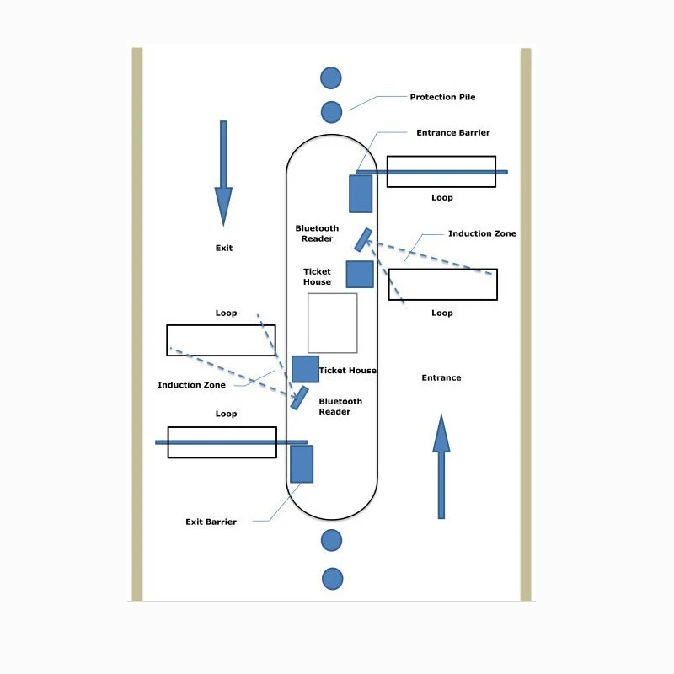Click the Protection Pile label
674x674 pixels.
[442, 97]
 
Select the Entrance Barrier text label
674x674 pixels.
[452, 133]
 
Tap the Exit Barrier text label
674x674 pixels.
[211, 522]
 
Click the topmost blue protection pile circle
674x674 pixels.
[331, 78]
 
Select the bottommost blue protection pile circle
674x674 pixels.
[333, 579]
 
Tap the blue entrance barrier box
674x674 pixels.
[361, 194]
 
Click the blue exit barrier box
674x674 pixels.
[302, 463]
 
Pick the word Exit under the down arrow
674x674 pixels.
[223, 249]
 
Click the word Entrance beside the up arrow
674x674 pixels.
[441, 378]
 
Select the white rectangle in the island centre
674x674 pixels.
[332, 323]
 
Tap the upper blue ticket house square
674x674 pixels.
[360, 274]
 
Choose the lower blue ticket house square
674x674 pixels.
[305, 369]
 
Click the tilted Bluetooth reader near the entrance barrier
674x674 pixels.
[363, 240]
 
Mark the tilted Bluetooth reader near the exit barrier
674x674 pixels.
[299, 398]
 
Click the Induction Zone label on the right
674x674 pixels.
[482, 234]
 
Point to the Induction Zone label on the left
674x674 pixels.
[191, 385]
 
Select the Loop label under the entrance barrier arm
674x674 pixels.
[441, 198]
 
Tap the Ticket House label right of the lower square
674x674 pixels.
[348, 371]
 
